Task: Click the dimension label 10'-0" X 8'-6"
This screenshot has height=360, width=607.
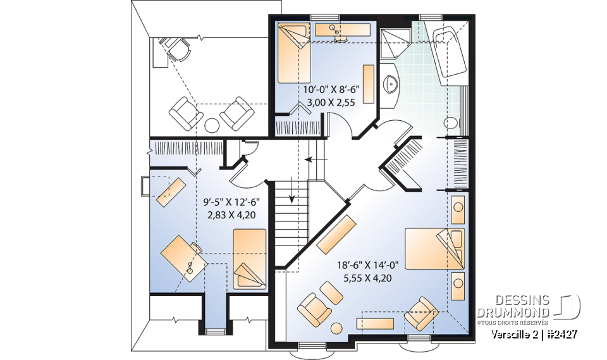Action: (x=331, y=90)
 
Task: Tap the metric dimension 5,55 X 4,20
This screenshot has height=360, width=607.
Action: (x=367, y=278)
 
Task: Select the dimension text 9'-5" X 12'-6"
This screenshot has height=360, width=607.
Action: (x=231, y=202)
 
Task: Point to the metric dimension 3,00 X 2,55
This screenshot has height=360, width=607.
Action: (x=331, y=102)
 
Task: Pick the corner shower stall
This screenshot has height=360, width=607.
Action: (x=395, y=42)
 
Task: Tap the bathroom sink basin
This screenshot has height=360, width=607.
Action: (x=390, y=84)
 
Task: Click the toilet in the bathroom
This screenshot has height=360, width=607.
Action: (x=451, y=123)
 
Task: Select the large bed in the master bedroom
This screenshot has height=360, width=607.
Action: (x=434, y=249)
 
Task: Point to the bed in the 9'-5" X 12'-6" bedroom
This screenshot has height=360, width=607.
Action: (x=250, y=259)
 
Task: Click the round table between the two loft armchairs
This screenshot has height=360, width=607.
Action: (x=212, y=125)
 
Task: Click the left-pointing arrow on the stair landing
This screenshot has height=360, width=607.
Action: (x=316, y=159)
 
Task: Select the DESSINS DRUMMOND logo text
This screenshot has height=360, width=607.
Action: (x=513, y=306)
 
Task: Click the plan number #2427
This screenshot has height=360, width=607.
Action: (x=561, y=334)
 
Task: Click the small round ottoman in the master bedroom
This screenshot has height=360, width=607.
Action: (x=336, y=328)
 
